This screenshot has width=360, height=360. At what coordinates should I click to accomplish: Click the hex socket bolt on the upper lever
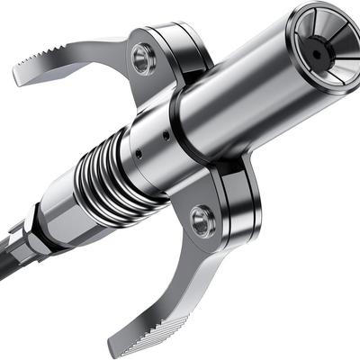142,59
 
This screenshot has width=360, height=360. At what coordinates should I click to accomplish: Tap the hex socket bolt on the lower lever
201,220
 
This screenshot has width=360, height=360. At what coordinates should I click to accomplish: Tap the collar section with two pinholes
153,148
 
